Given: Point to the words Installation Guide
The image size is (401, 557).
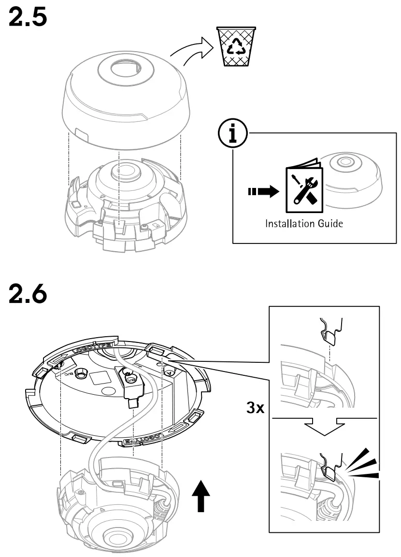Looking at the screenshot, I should [x=303, y=224].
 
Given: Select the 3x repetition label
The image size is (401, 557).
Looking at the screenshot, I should [x=255, y=408].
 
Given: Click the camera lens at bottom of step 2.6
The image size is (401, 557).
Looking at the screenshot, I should [x=114, y=538].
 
